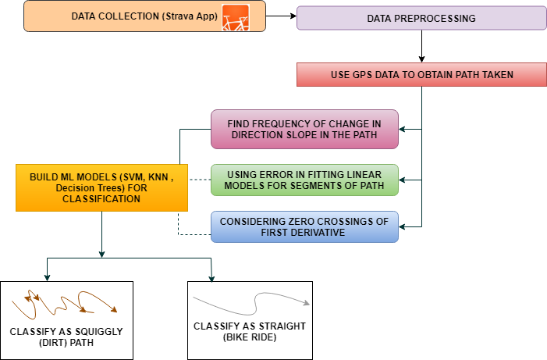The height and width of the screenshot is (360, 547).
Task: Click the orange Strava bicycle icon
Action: point(235,16)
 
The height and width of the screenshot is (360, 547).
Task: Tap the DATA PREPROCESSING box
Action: point(420,18)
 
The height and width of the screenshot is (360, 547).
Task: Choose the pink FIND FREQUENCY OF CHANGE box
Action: point(304,130)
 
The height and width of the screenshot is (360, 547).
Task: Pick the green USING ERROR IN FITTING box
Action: point(304,180)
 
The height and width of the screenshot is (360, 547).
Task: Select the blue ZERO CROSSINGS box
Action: point(304,226)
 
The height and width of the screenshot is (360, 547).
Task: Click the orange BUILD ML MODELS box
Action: point(101,187)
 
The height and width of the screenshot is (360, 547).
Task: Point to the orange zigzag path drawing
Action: point(62,305)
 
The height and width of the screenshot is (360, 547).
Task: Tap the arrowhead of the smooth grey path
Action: point(308,303)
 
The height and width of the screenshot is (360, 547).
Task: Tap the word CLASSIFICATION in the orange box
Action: point(101,199)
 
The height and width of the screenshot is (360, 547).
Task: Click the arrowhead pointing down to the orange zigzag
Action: point(48,277)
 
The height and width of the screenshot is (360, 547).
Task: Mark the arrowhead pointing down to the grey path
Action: point(211,277)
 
